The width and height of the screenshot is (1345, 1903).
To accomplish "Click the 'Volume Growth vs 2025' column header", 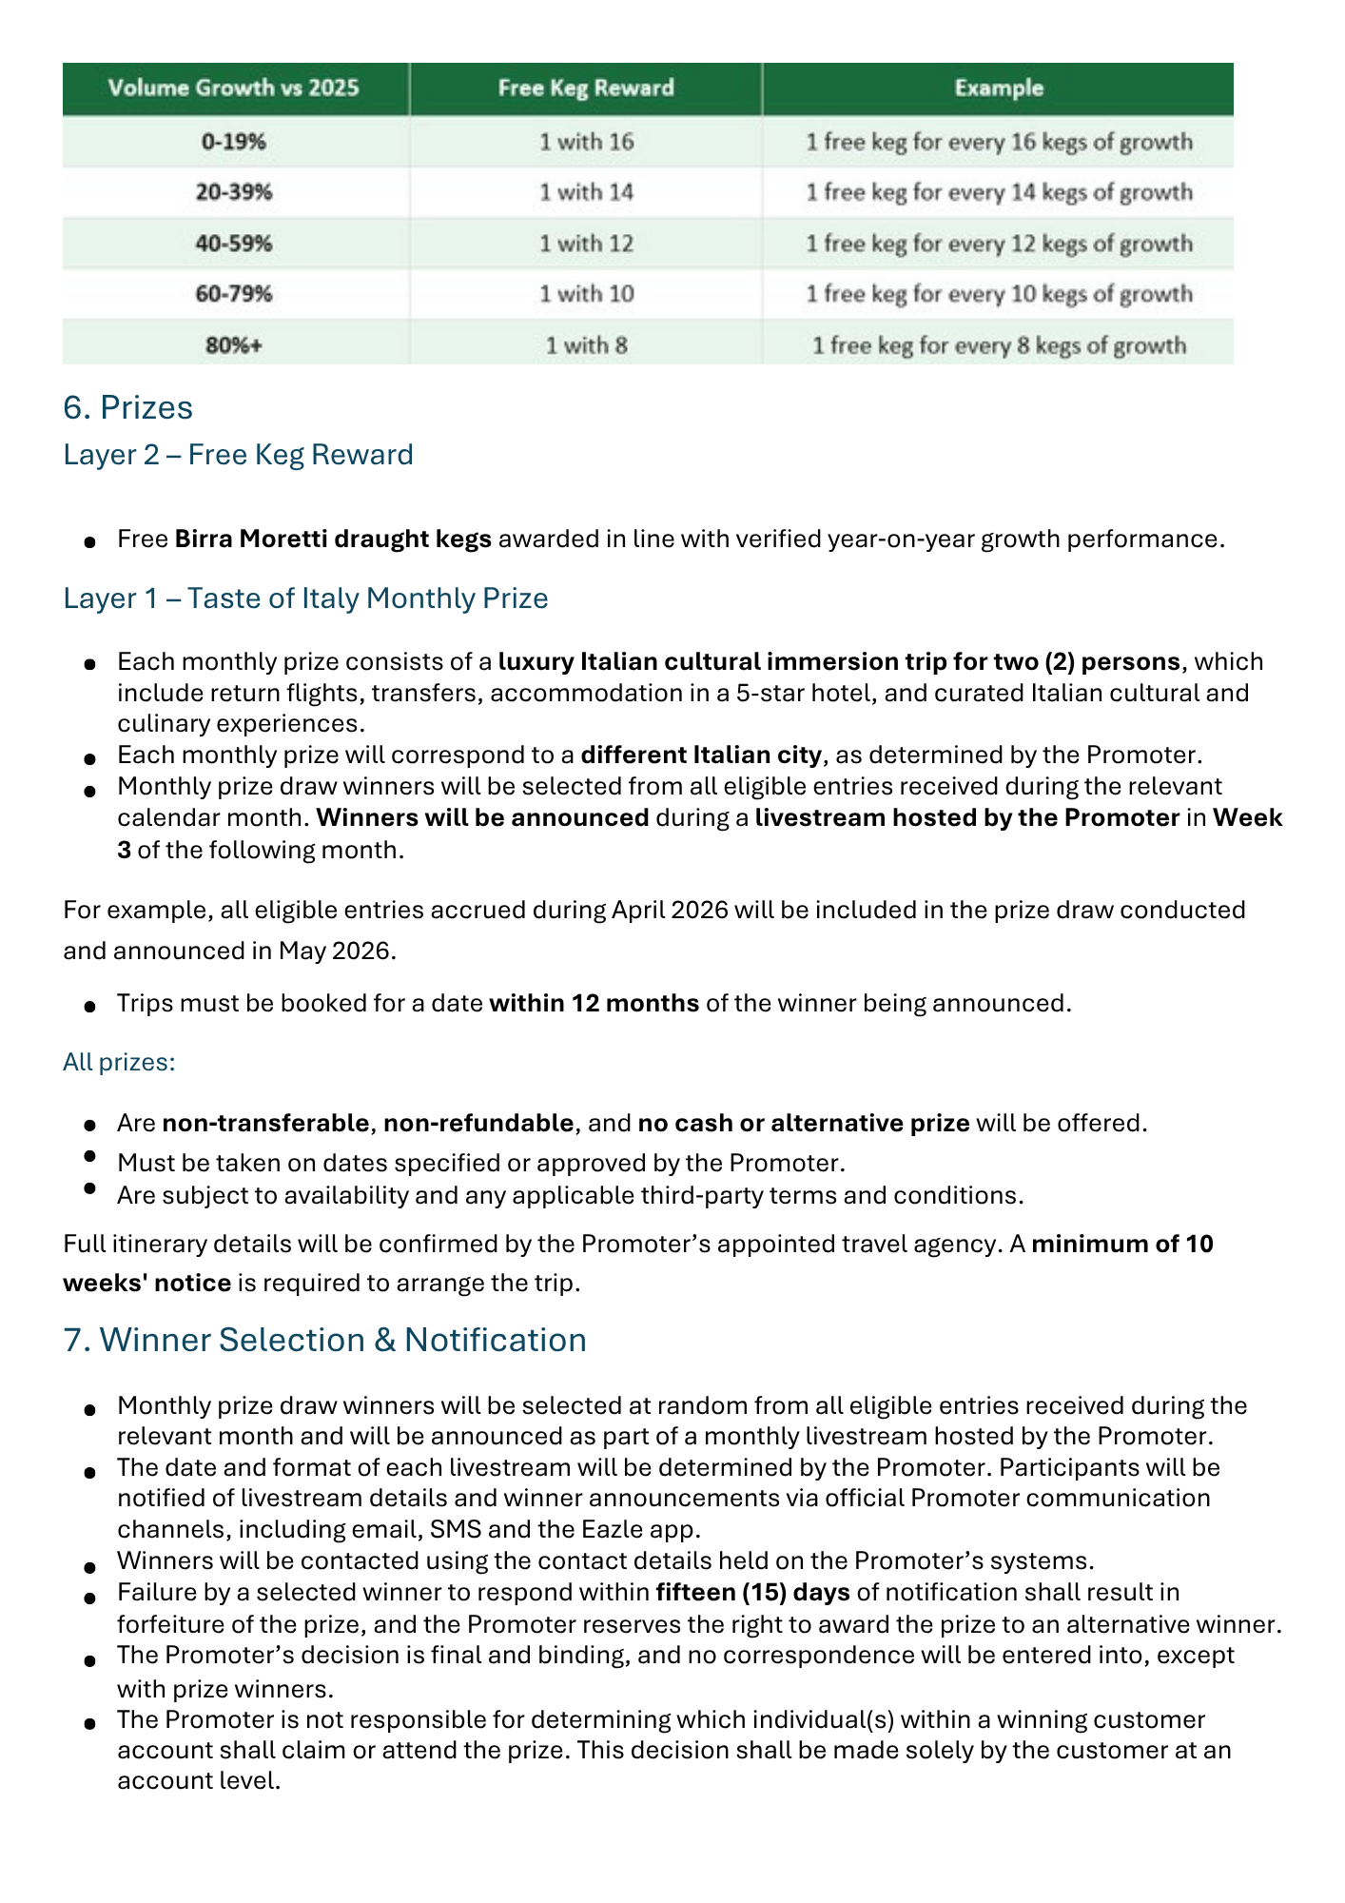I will [x=234, y=88].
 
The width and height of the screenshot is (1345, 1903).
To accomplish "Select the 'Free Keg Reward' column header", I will [x=586, y=88].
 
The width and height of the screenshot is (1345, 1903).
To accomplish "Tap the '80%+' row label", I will [x=234, y=345].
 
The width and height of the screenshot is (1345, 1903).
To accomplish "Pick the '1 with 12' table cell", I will [x=586, y=244].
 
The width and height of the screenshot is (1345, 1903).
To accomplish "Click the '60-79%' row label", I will [x=234, y=294].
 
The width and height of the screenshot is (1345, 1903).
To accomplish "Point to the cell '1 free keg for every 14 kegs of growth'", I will [x=999, y=193].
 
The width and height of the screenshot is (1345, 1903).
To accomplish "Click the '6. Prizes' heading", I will [x=127, y=407].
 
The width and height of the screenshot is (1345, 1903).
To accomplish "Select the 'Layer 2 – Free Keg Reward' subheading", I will [x=238, y=455].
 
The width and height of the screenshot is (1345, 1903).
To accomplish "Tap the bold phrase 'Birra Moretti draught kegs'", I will [x=333, y=540].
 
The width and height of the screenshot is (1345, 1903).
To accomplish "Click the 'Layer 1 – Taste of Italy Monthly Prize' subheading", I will [x=305, y=598].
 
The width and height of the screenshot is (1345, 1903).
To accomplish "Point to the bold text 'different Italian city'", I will [x=701, y=755].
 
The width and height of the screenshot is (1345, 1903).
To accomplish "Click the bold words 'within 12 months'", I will [x=594, y=1004].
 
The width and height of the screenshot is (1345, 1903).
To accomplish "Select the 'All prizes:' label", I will [x=119, y=1062].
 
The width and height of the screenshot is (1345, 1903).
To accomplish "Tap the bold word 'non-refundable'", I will [x=478, y=1124].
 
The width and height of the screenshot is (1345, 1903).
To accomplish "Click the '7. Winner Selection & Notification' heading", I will [x=324, y=1340].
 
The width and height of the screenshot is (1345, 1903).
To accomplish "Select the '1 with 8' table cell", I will [x=586, y=345].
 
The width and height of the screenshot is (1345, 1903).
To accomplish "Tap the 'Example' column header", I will [x=999, y=88].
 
